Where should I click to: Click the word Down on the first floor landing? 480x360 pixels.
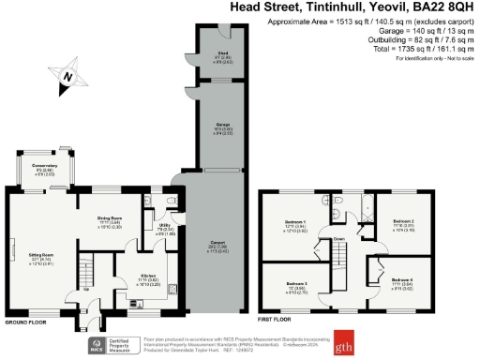pyautogui.click(x=339, y=238)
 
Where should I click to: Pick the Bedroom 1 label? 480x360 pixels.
pyautogui.click(x=294, y=225)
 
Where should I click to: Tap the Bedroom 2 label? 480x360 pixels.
pyautogui.click(x=390, y=225)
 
